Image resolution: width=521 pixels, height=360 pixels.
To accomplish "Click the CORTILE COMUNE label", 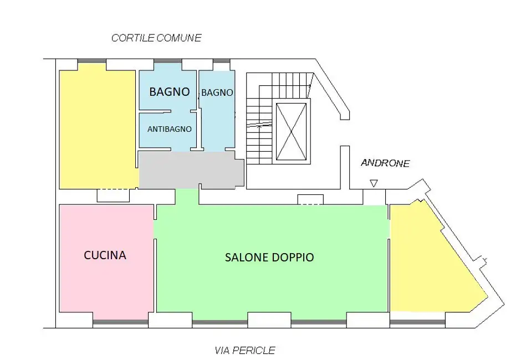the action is point(156,38).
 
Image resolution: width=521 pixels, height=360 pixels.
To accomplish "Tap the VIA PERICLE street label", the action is point(245,350).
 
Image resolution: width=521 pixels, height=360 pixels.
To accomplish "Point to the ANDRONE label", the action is point(385,163).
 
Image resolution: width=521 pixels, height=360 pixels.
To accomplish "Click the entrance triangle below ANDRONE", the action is point(374,183).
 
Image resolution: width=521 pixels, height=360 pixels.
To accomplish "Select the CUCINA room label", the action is point(105,255).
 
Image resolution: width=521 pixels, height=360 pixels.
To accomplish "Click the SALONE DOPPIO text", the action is point(269,258).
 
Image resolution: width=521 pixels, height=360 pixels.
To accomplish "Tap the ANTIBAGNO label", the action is point(170,129).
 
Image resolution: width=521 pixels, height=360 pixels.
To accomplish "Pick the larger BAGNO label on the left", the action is point(170,91).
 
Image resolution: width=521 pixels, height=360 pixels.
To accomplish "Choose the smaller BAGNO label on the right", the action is point(217,92).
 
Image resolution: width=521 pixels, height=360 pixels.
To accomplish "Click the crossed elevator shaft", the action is point(292,131).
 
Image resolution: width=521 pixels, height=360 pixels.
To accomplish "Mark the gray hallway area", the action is point(191,170).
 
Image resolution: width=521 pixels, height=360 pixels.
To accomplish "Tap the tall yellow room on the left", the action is point(98,128).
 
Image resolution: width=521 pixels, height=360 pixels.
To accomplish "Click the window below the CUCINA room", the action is point(120,321).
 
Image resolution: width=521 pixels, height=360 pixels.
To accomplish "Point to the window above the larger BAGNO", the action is point(168,61).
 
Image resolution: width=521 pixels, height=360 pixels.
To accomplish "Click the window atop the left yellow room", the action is point(91,61).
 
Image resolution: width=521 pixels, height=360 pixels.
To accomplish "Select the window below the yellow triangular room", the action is point(417,321).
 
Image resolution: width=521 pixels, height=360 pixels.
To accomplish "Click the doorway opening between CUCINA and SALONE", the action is point(155,229).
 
